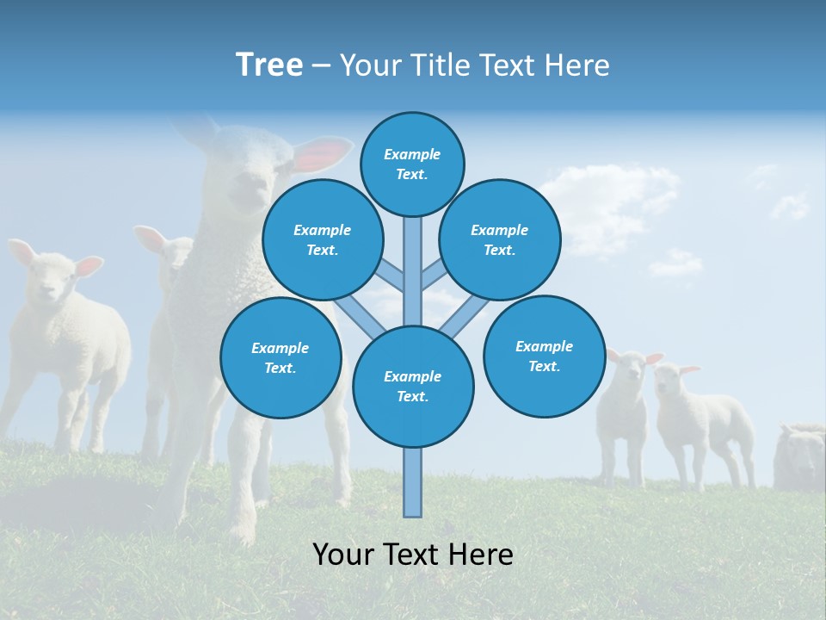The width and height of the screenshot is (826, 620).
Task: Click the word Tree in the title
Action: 269,65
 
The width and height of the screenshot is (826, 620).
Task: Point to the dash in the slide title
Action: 321,65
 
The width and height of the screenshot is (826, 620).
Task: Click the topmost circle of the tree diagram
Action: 412,164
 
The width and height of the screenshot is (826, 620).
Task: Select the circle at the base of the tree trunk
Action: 413,387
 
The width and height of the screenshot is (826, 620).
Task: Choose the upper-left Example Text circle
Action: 323,239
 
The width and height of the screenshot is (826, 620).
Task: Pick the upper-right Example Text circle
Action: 500,239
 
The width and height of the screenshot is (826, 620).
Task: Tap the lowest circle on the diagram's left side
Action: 280,357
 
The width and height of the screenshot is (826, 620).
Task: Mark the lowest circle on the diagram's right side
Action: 545,356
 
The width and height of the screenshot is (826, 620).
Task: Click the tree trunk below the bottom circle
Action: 413,482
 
